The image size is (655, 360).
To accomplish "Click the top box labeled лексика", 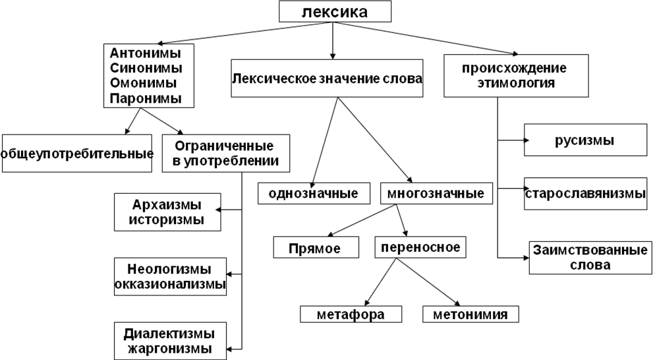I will [x=335, y=12].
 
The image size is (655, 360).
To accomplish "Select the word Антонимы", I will [x=146, y=53].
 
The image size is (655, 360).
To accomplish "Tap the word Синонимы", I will [x=146, y=68].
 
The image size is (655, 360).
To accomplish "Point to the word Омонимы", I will [x=144, y=83].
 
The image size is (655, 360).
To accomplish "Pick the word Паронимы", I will [x=146, y=98].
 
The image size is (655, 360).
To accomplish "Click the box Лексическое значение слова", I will [x=327, y=78].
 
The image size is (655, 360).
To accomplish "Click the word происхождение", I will [x=514, y=68].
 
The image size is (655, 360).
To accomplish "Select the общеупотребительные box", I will [x=77, y=154].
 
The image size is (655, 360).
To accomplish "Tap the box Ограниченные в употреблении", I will [x=226, y=153].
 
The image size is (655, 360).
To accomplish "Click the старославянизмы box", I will [x=585, y=194].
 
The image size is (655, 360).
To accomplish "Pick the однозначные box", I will [x=313, y=193].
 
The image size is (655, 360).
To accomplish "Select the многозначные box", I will [x=436, y=193].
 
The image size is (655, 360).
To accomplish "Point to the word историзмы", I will [x=167, y=220].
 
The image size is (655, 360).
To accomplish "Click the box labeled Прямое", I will [x=316, y=248].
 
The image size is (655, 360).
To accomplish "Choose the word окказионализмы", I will [x=170, y=285].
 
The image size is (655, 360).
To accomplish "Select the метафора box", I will [x=351, y=315].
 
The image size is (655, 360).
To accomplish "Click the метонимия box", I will [x=470, y=315].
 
